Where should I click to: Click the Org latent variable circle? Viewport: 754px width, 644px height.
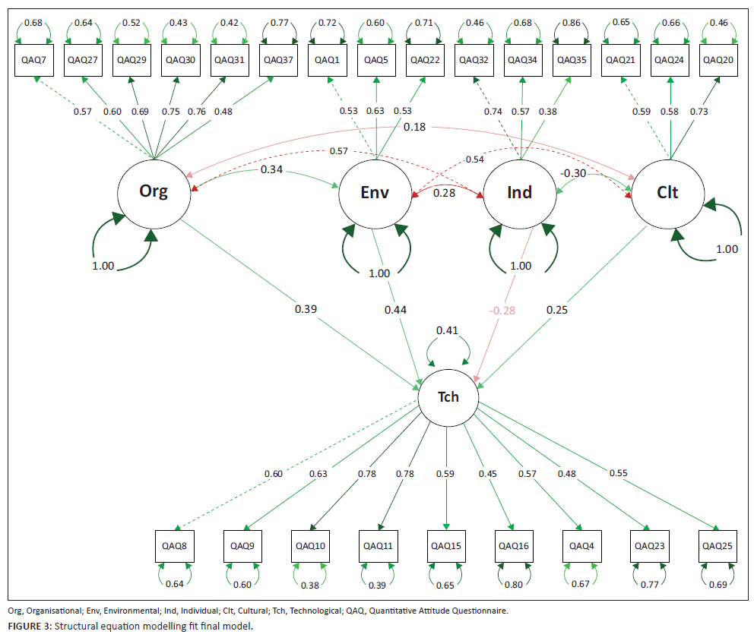click(x=153, y=191)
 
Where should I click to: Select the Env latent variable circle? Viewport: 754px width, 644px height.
click(x=375, y=191)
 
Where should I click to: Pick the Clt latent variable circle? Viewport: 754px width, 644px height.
click(x=667, y=191)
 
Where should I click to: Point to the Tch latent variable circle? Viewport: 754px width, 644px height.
click(x=448, y=396)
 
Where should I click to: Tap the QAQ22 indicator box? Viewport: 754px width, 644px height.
click(x=424, y=59)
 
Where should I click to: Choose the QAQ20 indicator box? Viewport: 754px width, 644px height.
click(x=717, y=59)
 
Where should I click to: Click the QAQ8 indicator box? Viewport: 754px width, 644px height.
click(x=174, y=545)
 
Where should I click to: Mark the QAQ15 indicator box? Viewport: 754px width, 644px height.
click(x=445, y=545)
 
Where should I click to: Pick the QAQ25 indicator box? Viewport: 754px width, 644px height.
click(x=717, y=545)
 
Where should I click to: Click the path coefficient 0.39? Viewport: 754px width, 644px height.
click(x=306, y=309)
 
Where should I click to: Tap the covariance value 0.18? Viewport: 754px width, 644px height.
click(x=414, y=128)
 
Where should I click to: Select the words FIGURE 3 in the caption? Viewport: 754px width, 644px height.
click(x=30, y=625)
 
